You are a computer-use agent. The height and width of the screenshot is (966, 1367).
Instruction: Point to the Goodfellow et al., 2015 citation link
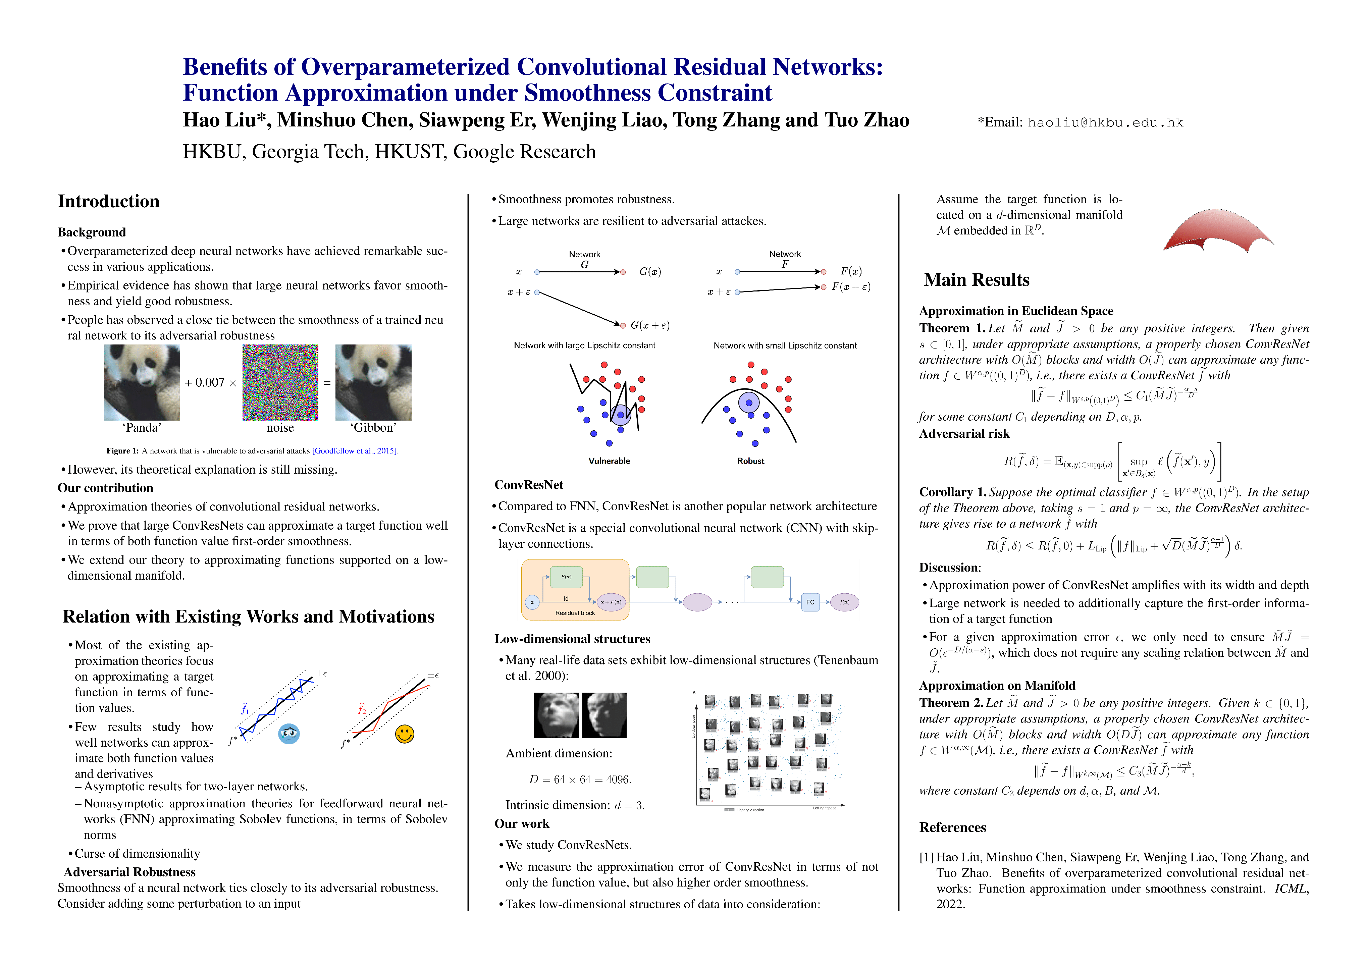click(355, 450)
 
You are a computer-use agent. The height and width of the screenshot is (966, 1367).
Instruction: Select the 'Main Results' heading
click(977, 280)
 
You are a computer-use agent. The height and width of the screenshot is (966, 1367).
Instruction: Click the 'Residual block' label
click(575, 613)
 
